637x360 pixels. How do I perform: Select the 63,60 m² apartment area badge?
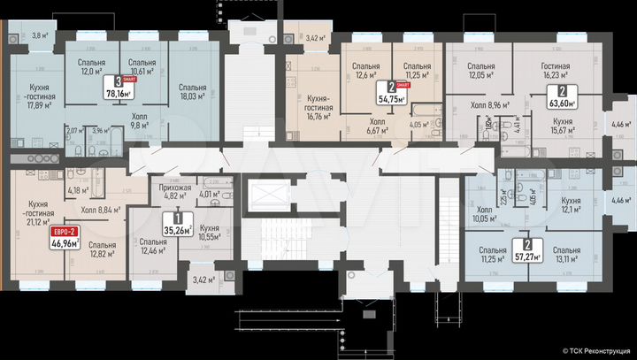tap(560, 96)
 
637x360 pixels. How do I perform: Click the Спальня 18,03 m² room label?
tap(192, 93)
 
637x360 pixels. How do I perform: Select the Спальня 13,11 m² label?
tap(559, 254)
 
